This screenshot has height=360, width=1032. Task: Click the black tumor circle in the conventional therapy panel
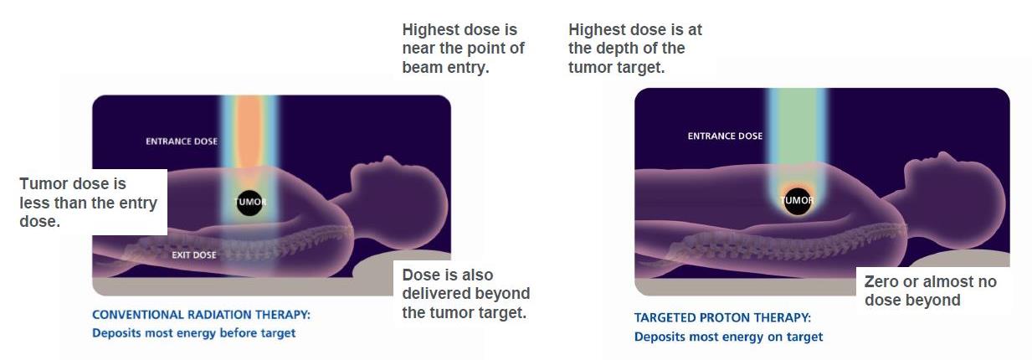pos(249,203)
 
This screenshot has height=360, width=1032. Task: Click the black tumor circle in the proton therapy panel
pos(798,201)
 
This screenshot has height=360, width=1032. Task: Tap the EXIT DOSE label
pos(194,255)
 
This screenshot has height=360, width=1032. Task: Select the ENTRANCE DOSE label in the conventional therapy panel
pos(182,141)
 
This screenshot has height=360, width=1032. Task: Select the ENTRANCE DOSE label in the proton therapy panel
pos(725,136)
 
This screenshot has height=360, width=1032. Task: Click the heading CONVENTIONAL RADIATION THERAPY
pos(202,315)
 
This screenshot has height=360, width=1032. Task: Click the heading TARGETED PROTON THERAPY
pos(722,317)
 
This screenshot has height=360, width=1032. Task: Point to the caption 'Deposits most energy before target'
pos(193,333)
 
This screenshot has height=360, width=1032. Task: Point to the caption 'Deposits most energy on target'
pos(728,337)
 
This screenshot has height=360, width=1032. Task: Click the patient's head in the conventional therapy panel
pos(398,193)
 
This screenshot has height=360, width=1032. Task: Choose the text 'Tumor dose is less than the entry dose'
pos(88,203)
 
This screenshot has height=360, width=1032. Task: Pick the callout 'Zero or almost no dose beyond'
pos(930,291)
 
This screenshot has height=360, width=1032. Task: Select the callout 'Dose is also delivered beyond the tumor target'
pos(466,294)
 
